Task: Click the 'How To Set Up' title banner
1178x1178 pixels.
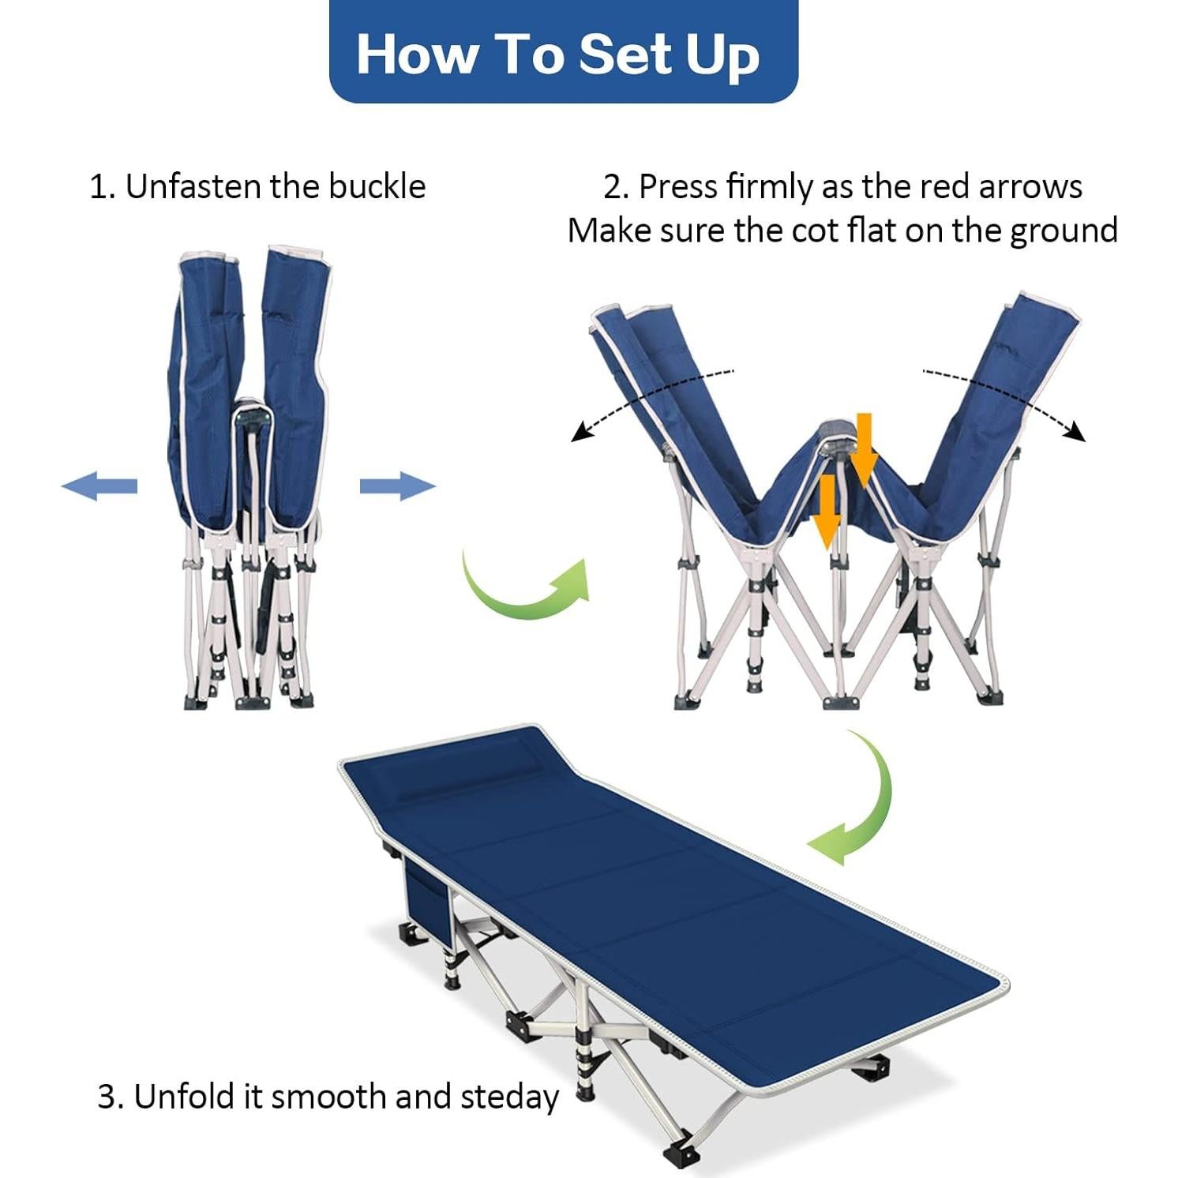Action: click(563, 52)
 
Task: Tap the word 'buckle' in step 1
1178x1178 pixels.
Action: click(377, 187)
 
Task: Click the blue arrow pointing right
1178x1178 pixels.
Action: click(398, 486)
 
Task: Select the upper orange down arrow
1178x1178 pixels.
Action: click(863, 449)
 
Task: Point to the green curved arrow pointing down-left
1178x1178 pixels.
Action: click(857, 805)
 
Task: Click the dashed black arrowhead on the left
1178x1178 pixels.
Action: click(581, 432)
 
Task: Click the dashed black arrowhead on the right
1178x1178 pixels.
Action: click(1075, 432)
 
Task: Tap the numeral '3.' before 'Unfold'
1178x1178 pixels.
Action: click(111, 1097)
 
